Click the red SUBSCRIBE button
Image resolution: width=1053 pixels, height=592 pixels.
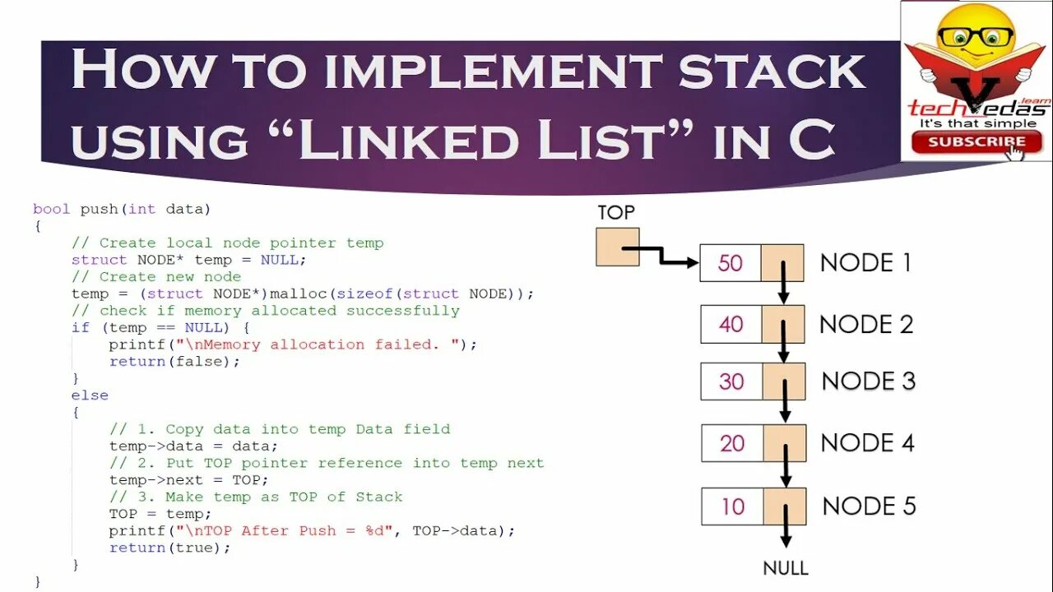(x=976, y=141)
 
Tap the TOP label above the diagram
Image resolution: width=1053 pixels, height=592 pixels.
(x=616, y=213)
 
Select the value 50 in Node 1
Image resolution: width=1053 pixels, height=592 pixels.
(x=731, y=263)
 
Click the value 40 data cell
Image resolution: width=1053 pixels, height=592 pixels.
(x=731, y=324)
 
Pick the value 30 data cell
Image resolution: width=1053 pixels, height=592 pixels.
(x=731, y=382)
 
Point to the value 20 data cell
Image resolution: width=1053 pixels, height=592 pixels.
(x=732, y=443)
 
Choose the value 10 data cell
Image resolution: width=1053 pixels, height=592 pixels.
(x=733, y=506)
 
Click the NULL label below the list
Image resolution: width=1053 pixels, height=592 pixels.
(x=786, y=567)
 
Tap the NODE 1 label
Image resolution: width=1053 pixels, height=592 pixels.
(x=866, y=263)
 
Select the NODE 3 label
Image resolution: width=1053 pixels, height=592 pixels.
(x=869, y=382)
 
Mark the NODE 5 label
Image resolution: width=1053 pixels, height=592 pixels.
(x=870, y=506)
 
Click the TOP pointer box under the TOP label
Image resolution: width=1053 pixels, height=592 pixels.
(x=617, y=247)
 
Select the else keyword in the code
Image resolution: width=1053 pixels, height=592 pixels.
(x=90, y=395)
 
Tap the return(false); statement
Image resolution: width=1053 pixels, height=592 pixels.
(x=174, y=362)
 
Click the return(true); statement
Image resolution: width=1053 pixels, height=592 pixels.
(x=170, y=548)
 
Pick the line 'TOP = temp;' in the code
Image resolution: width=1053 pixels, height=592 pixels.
(x=160, y=514)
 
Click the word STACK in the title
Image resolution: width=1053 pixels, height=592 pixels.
(x=772, y=72)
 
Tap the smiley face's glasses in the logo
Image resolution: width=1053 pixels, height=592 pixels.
(x=977, y=37)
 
